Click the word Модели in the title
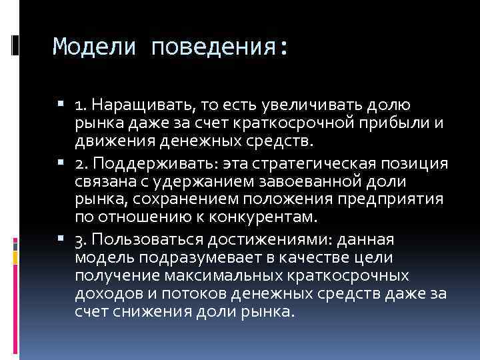tap(95, 47)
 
